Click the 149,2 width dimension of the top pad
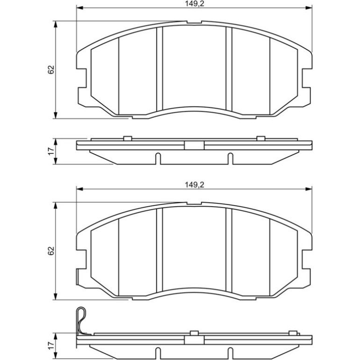click(x=194, y=4)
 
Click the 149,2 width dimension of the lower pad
click(x=194, y=185)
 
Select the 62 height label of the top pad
click(x=51, y=70)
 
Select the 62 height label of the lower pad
click(x=51, y=251)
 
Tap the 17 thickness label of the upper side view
click(x=51, y=151)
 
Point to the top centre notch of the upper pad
click(x=194, y=22)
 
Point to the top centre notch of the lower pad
click(x=194, y=203)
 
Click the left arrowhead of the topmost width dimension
click(x=79, y=8)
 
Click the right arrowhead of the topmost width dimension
click(x=309, y=8)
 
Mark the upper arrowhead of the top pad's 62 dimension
click(x=55, y=24)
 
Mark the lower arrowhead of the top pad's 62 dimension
click(x=55, y=115)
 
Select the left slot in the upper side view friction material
click(x=158, y=158)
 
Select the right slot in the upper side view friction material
click(x=230, y=158)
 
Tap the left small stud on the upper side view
click(x=128, y=138)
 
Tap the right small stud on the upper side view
click(x=261, y=138)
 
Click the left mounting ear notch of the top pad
click(x=82, y=78)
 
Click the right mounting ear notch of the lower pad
click(x=307, y=259)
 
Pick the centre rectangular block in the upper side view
click(x=194, y=145)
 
